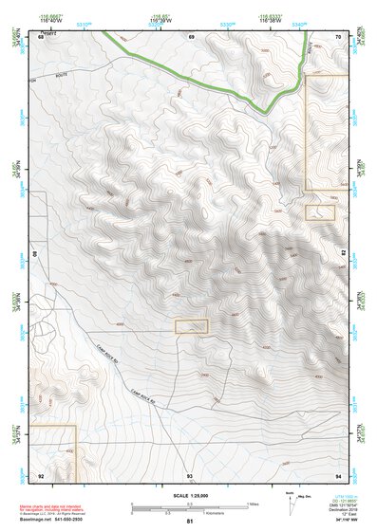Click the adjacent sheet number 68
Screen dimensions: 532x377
click(x=41, y=35)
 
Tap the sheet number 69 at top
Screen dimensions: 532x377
click(x=191, y=35)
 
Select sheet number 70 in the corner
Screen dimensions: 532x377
click(x=338, y=35)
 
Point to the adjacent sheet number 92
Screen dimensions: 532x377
click(x=41, y=474)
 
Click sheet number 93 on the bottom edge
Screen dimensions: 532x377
click(x=190, y=474)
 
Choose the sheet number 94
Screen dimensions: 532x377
click(x=338, y=474)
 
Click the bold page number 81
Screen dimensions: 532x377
click(x=190, y=522)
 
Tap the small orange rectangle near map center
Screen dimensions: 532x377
click(x=191, y=326)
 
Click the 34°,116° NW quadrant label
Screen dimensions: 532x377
click(x=349, y=521)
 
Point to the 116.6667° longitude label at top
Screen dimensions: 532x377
click(x=44, y=15)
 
